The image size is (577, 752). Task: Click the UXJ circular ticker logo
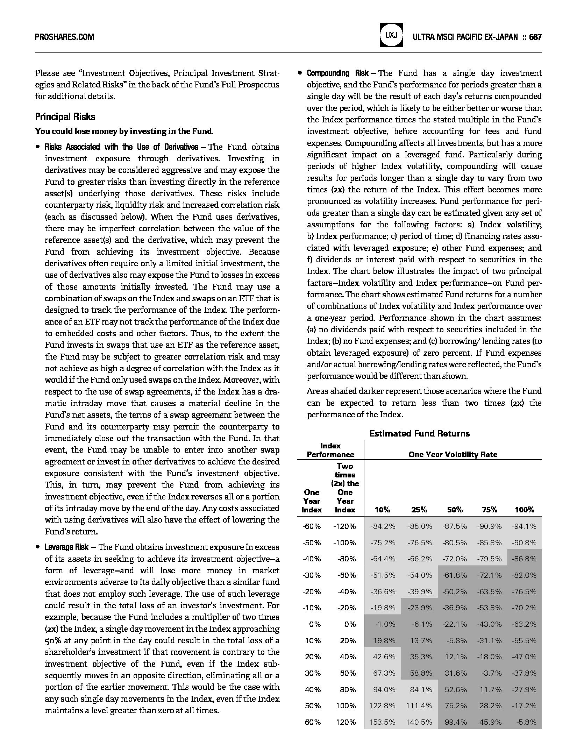click(x=391, y=35)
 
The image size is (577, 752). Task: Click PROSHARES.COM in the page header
click(x=64, y=37)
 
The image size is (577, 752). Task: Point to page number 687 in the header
click(x=535, y=37)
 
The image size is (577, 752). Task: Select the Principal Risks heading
click(x=65, y=117)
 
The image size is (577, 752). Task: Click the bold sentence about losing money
click(x=124, y=132)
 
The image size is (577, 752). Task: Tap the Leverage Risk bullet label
click(x=66, y=547)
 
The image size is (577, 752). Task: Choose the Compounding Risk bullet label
click(x=337, y=73)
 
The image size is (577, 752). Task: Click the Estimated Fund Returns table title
click(x=419, y=434)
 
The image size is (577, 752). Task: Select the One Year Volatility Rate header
click(x=453, y=454)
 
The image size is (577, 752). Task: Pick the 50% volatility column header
click(x=455, y=510)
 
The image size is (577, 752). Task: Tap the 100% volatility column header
click(x=524, y=510)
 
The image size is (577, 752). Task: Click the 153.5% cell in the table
click(x=382, y=722)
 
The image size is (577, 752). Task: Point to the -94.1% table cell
click(x=524, y=526)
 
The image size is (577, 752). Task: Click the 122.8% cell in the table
click(x=382, y=705)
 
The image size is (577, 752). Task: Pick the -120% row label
click(x=344, y=526)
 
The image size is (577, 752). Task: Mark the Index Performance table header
click(x=330, y=450)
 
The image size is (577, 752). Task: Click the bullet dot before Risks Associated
click(x=37, y=147)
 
